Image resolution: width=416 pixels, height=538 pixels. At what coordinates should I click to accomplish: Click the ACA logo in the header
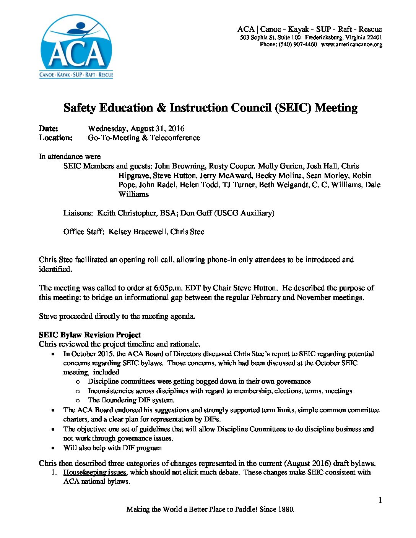(x=76, y=47)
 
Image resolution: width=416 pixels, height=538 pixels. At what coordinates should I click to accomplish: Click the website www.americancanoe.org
(x=352, y=45)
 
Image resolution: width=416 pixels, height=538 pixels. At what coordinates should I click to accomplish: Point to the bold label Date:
(x=49, y=129)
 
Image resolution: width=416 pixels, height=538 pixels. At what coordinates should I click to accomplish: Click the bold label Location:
(x=56, y=138)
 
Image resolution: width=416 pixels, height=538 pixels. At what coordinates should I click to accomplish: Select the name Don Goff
(x=196, y=213)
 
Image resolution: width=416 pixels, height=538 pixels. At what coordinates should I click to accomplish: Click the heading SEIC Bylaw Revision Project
(x=90, y=335)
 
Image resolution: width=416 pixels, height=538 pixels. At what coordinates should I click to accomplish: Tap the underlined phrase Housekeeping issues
(x=95, y=473)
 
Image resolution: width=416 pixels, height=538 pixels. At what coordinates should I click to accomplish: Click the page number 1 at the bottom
(x=380, y=501)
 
